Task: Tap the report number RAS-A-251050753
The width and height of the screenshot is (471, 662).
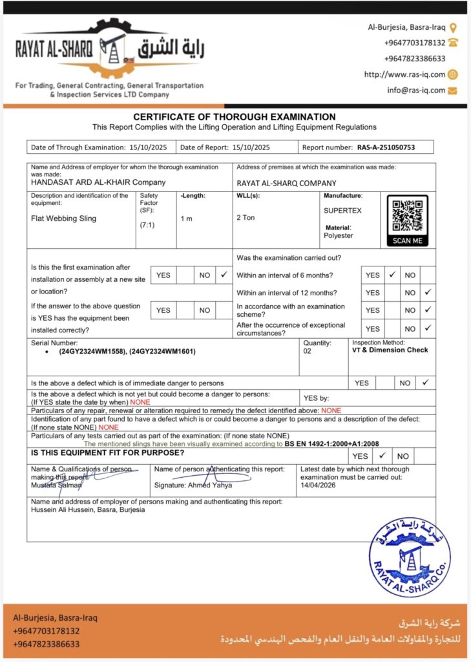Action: [386, 147]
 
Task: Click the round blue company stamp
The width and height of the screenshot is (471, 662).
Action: [410, 557]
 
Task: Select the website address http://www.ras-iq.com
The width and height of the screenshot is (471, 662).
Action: [404, 74]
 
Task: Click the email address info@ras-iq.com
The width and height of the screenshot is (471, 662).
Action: [416, 91]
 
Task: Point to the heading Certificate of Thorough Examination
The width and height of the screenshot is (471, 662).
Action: [235, 117]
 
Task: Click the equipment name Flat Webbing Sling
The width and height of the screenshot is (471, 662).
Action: [63, 219]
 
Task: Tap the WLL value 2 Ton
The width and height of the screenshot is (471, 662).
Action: [246, 218]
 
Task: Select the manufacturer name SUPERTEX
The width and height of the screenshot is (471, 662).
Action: [342, 211]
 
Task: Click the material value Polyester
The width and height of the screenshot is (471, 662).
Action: [338, 236]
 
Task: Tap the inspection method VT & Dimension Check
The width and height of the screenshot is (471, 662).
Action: [390, 350]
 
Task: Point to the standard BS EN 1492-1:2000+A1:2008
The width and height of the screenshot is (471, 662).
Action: [331, 444]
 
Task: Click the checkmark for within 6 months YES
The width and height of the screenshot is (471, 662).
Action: [392, 275]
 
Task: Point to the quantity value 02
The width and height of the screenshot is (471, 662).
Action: [308, 352]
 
